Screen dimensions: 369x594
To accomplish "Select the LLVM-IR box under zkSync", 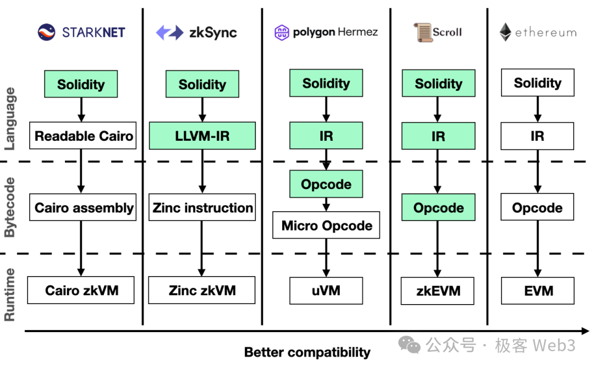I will pos(202,136).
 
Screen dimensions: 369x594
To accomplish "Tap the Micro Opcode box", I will pos(326,225).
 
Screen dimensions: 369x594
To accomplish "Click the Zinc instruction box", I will pos(202,207).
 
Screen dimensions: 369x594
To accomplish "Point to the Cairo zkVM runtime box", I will pos(81,290).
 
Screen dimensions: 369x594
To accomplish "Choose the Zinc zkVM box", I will pos(202,290).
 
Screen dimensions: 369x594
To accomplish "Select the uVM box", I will pos(326,290).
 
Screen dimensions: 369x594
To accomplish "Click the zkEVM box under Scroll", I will pos(438,291).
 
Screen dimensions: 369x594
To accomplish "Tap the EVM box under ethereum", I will pos(538,291).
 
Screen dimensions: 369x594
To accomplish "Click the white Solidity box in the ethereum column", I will pos(537,83).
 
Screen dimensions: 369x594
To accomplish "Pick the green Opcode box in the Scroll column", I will pos(438,207).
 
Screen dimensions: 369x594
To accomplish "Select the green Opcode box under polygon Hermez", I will pos(326,184).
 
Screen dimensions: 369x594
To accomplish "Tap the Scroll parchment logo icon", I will pos(422,32).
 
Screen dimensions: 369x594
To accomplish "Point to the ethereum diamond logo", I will pos(505,32).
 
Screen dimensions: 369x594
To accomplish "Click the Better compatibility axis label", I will pos(307,352).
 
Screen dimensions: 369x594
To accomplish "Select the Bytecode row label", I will pos(10,207).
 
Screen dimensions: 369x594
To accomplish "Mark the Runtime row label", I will pos(10,294).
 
